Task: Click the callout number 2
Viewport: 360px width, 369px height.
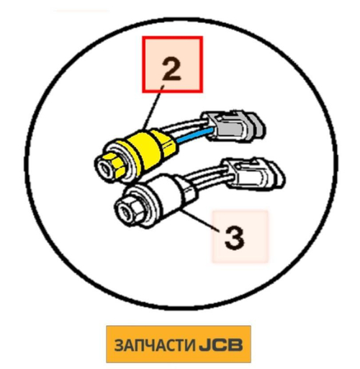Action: click(x=172, y=69)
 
